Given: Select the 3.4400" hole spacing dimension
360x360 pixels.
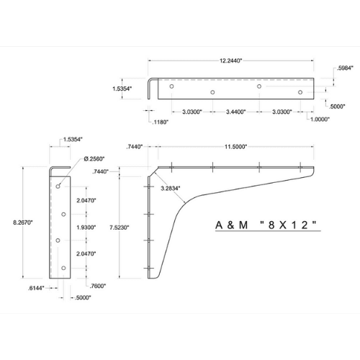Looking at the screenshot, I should (x=235, y=112).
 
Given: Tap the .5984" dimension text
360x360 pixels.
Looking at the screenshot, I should (x=344, y=70).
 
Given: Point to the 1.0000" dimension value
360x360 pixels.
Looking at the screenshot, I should (x=317, y=120).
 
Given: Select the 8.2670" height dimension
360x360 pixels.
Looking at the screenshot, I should (x=14, y=223).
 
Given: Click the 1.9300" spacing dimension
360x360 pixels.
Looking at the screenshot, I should (x=86, y=226).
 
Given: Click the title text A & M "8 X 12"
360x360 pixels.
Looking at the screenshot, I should (x=266, y=225).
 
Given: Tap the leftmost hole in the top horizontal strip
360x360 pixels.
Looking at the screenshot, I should (x=171, y=86).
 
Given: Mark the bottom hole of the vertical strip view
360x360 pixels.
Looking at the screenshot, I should (x=64, y=268).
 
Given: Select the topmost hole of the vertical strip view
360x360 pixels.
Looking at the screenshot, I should (x=58, y=184).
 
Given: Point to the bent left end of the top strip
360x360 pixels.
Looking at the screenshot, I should (x=150, y=89).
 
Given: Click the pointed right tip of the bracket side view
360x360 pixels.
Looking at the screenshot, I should (x=315, y=171).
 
